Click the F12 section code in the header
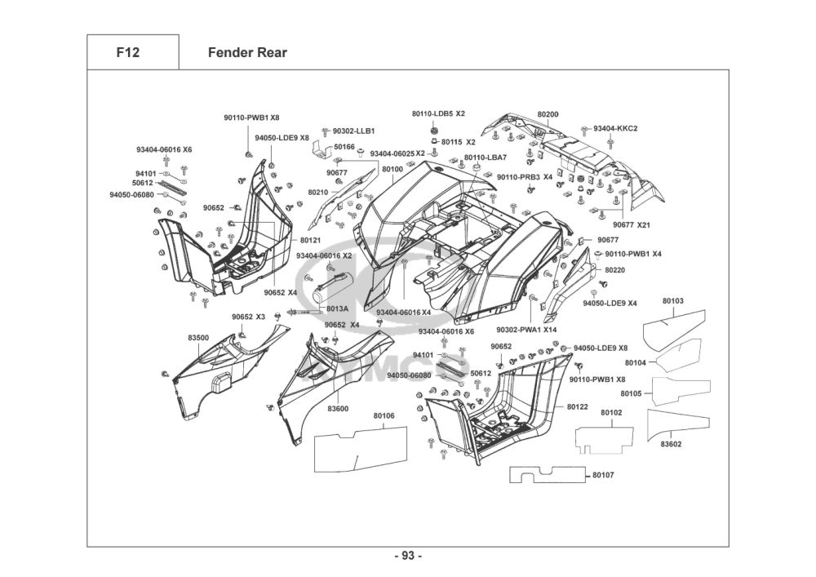[x=128, y=52]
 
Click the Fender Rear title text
[x=247, y=52]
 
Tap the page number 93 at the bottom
[x=408, y=556]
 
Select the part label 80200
[x=548, y=114]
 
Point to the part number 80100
[x=392, y=169]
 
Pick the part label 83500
[x=198, y=338]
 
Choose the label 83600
[x=338, y=409]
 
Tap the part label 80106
[x=384, y=415]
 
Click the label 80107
[x=603, y=475]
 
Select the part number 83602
[x=671, y=444]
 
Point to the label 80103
[x=673, y=300]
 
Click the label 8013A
[x=337, y=308]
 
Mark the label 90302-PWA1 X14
[x=526, y=330]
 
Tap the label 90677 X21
[x=632, y=224]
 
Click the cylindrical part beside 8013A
[x=333, y=288]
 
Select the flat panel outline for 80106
[x=361, y=449]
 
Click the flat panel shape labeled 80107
[x=548, y=474]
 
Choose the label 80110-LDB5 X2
[x=438, y=113]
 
